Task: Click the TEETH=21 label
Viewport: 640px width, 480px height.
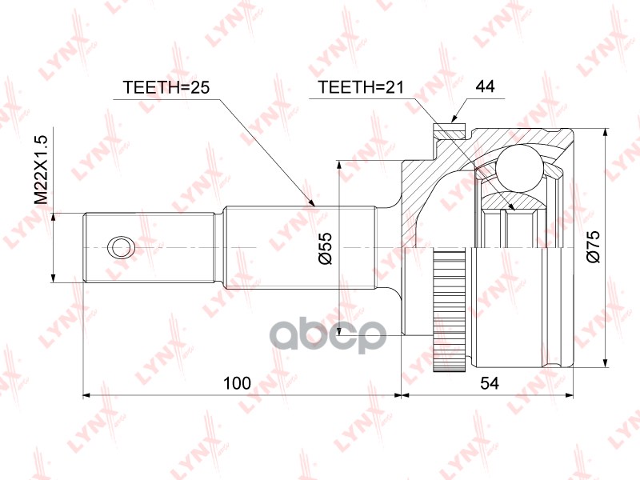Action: (x=359, y=87)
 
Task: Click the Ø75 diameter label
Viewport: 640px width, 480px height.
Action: (x=593, y=248)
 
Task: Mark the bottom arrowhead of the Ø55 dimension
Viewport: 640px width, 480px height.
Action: (x=340, y=328)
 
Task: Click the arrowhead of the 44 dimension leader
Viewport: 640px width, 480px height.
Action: (x=454, y=120)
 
